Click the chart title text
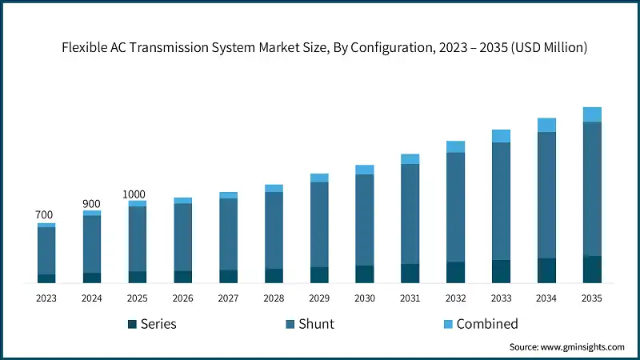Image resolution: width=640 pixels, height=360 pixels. click(324, 48)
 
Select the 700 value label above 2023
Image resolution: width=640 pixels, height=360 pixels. click(44, 215)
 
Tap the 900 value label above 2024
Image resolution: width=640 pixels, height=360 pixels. click(91, 204)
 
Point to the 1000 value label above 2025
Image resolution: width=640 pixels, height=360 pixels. click(134, 194)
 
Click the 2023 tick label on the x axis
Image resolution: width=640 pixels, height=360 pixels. click(46, 298)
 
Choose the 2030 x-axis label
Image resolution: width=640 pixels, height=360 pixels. click(365, 298)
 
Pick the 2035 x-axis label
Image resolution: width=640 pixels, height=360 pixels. click(592, 298)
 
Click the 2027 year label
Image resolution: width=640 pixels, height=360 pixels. click(228, 298)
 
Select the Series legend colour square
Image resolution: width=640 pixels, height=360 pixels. click(132, 324)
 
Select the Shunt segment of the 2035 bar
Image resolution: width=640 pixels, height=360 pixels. click(592, 189)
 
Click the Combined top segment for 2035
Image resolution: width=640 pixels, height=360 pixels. click(592, 114)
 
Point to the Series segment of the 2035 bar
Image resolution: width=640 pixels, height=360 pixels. click(592, 269)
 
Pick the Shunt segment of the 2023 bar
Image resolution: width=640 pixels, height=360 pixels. click(46, 250)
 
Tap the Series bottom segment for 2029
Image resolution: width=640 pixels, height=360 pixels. click(319, 274)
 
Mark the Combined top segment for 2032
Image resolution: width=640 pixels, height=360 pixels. click(456, 146)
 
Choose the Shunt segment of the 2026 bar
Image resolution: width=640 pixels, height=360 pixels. click(183, 237)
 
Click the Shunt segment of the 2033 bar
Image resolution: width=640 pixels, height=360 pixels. click(501, 201)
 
